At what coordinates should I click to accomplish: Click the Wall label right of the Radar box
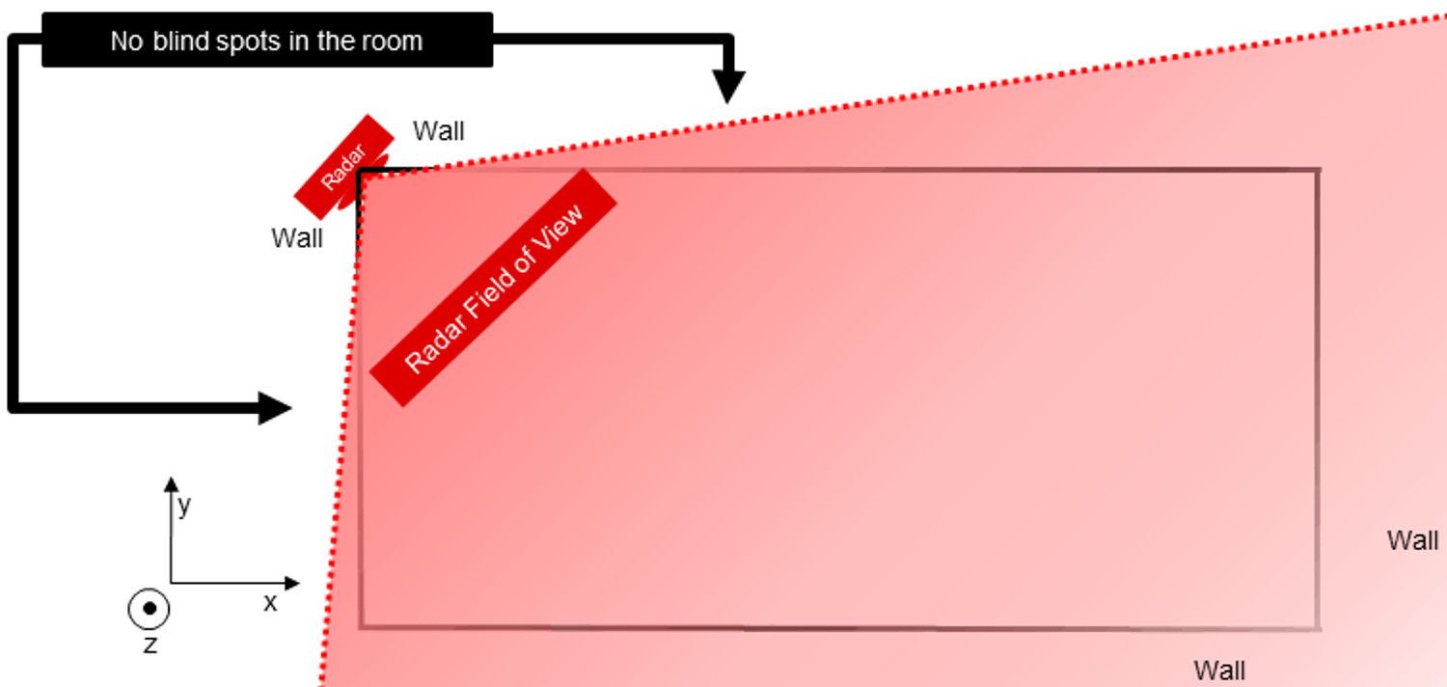coord(438,131)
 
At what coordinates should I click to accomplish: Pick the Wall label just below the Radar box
coord(296,237)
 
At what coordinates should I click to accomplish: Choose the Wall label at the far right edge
coord(1412,540)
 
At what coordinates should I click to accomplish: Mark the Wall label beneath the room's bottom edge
coord(1219,670)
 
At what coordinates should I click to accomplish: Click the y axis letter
coord(183,505)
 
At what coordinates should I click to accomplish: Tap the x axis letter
coord(270,604)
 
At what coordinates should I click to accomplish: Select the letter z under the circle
coord(150,645)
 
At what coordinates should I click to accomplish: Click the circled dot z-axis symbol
coord(150,609)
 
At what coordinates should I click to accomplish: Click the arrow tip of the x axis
coord(296,583)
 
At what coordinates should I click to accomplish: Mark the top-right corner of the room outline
coord(1318,171)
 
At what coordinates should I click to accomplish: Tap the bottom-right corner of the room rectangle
coord(1318,629)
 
